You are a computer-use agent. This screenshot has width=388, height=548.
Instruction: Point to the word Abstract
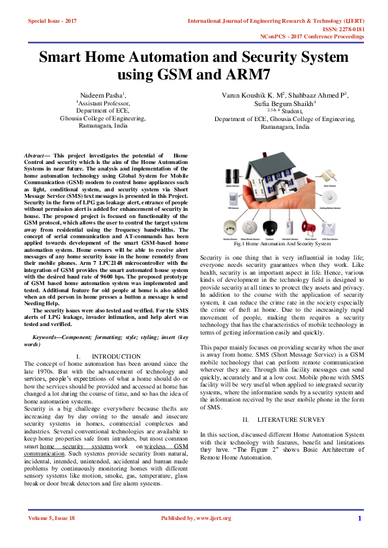point(35,157)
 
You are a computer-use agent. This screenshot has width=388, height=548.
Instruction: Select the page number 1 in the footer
point(359,518)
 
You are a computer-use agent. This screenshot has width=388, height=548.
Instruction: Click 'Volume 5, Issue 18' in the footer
point(52,518)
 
